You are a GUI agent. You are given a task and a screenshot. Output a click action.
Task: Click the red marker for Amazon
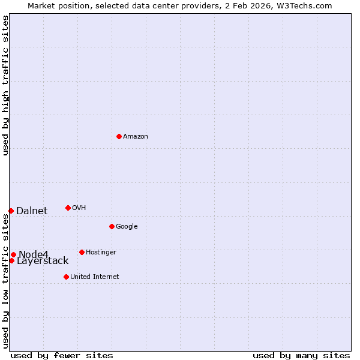tap(119, 136)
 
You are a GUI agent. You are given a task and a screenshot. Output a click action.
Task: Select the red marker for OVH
tap(68, 208)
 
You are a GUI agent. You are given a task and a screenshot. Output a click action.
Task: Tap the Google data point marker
tap(112, 226)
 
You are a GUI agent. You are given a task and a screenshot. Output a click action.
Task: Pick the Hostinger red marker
tap(82, 252)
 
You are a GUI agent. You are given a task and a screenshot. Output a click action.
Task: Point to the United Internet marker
tap(66, 277)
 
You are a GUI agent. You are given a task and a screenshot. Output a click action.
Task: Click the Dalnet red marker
tap(11, 211)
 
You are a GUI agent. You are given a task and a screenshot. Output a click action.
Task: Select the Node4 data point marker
tap(13, 254)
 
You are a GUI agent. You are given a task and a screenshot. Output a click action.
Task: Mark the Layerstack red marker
tap(11, 260)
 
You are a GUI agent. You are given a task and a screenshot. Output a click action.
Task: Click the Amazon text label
tap(136, 137)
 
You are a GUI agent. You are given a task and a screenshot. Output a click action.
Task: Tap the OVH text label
tap(79, 208)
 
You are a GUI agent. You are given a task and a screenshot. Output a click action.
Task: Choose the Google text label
tap(127, 227)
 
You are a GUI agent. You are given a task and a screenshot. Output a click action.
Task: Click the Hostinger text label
tap(101, 253)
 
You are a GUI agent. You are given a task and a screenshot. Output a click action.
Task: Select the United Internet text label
tap(94, 277)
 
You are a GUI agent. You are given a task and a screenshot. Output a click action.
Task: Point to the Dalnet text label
tap(32, 211)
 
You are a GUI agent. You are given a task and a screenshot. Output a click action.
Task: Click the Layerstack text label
tap(43, 261)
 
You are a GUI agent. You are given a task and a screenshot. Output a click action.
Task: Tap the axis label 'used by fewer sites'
tap(62, 355)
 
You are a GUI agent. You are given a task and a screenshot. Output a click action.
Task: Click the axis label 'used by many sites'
tap(301, 355)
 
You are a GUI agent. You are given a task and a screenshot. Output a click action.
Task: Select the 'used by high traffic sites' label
tap(5, 85)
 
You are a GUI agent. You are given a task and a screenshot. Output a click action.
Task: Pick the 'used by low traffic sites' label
tap(5, 281)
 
